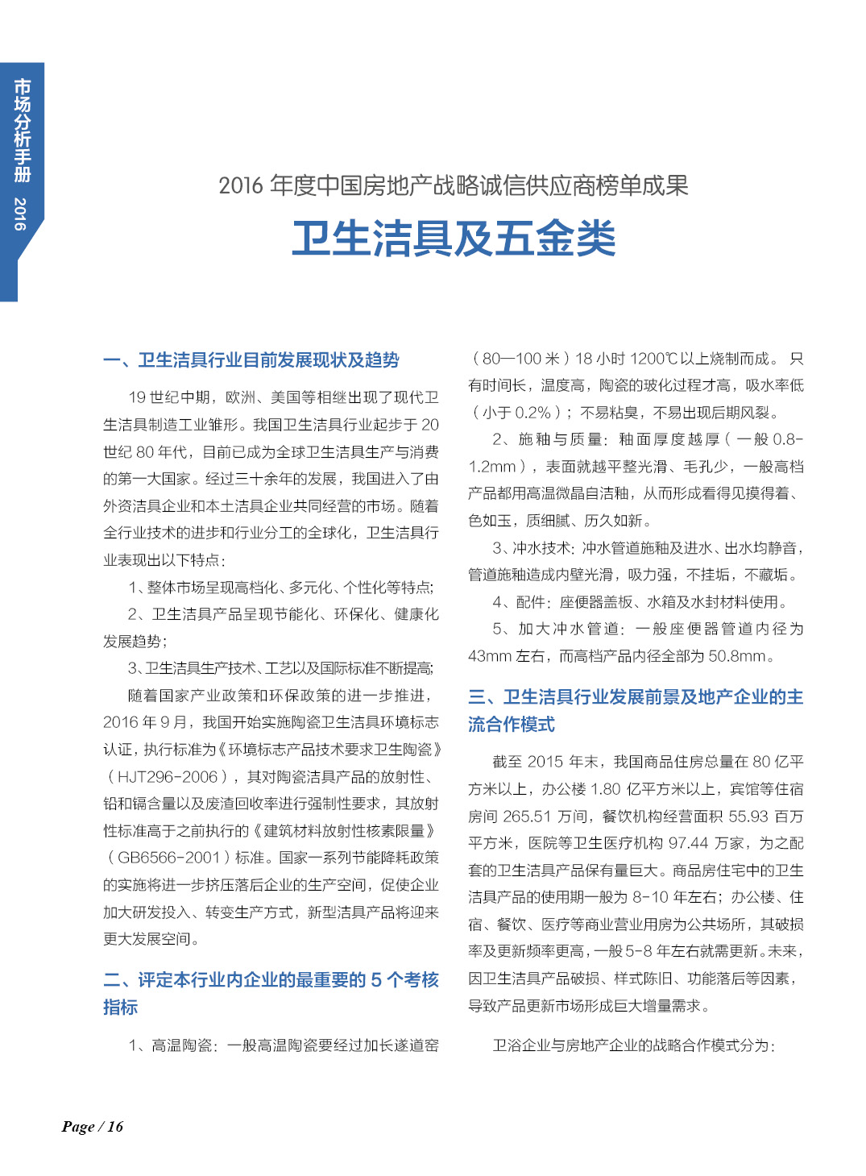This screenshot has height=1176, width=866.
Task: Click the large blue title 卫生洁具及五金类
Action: point(454,239)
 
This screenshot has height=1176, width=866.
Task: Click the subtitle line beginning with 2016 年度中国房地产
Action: point(454,185)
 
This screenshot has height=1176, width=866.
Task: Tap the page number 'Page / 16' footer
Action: point(93,1126)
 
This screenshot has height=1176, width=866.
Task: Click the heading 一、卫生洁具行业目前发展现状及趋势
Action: point(251,359)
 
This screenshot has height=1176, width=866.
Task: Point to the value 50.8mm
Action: point(736,656)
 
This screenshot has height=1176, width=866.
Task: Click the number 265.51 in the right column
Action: point(527,817)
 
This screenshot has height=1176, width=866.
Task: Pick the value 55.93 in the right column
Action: point(748,817)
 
